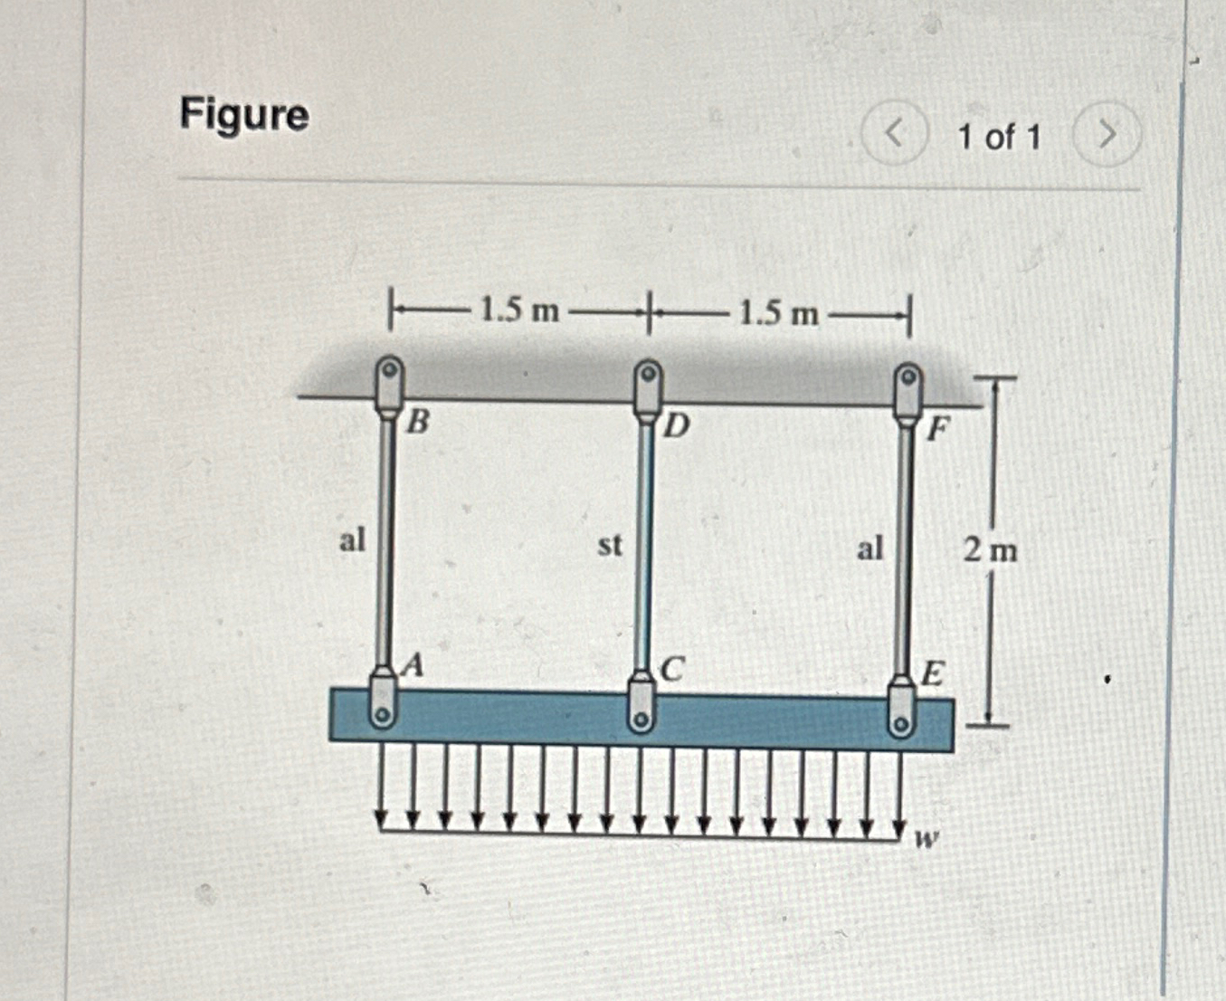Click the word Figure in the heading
click(244, 115)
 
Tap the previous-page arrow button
click(894, 135)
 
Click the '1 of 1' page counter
click(999, 138)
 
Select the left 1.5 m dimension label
click(519, 310)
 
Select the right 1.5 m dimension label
click(778, 313)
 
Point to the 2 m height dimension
click(990, 549)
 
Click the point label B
click(418, 421)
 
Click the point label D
click(676, 424)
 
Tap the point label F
click(938, 428)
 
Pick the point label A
click(413, 666)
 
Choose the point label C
click(672, 670)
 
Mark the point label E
click(933, 674)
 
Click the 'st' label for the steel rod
click(610, 545)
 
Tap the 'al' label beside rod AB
click(352, 540)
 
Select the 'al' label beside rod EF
click(870, 548)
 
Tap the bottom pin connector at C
click(642, 709)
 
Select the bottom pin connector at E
click(900, 712)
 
